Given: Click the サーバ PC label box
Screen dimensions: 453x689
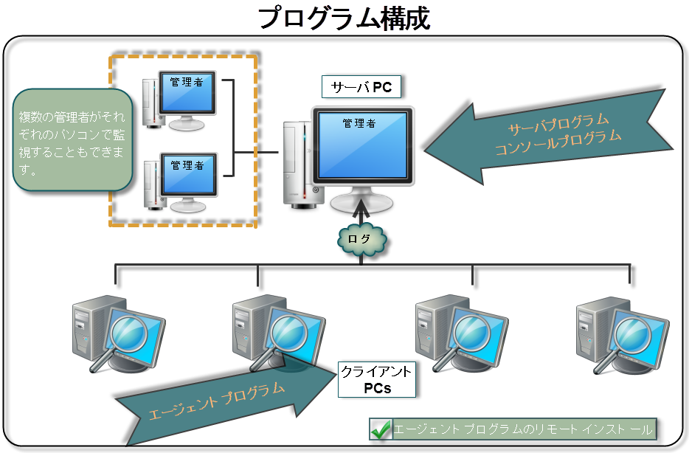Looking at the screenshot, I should pos(361,88).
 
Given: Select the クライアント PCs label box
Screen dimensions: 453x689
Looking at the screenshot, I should pos(377,379).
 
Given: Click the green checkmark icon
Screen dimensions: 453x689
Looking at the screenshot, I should pos(381,429).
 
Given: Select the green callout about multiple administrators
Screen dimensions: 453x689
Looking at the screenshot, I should pos(72,139).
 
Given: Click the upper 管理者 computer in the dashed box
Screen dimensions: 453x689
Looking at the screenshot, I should pos(181,100).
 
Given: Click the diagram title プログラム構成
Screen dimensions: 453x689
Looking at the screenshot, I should pos(345,18).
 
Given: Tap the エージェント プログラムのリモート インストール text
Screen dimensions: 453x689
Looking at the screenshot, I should pos(523,429).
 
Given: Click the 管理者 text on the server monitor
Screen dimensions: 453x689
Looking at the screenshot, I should pos(359,124).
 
